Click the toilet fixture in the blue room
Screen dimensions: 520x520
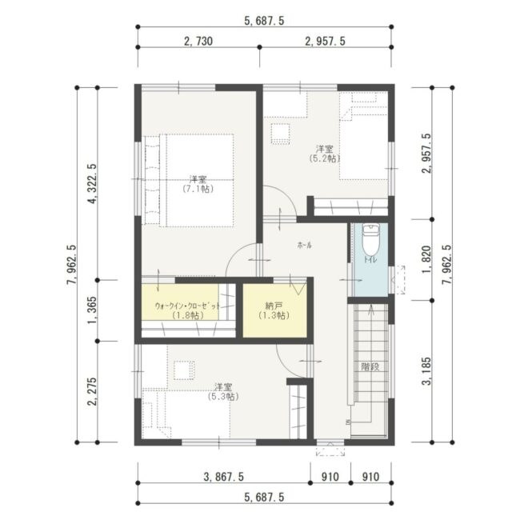click(370, 239)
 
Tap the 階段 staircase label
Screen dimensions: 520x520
click(370, 366)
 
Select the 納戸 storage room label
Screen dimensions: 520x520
click(274, 305)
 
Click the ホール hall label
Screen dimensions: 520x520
click(305, 246)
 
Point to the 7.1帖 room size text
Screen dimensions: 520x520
click(198, 189)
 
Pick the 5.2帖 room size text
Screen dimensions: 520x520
click(324, 158)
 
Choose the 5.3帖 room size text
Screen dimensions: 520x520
click(223, 396)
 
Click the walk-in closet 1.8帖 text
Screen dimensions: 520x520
click(188, 315)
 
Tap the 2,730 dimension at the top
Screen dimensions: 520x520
click(198, 41)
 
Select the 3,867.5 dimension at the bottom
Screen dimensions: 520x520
click(223, 477)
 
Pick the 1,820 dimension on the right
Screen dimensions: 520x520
click(426, 260)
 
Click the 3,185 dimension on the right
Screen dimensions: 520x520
click(426, 371)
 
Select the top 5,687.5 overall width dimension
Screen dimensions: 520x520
click(264, 21)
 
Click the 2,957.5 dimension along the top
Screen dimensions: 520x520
click(325, 41)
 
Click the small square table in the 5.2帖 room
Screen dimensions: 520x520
click(281, 134)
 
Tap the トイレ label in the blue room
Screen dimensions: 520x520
click(370, 260)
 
